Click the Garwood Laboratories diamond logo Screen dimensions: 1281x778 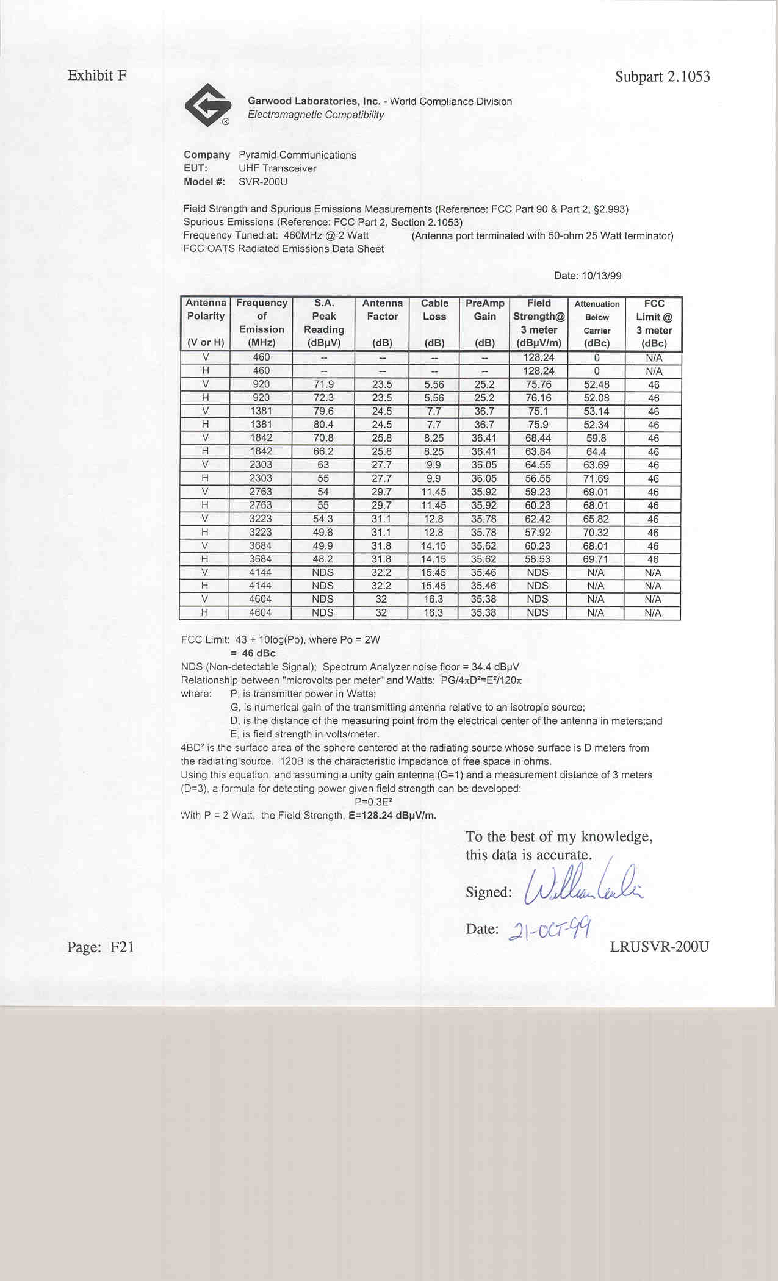point(207,105)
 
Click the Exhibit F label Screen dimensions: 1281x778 point(97,76)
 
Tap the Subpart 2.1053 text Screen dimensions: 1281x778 point(662,77)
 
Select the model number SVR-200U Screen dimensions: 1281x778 point(262,182)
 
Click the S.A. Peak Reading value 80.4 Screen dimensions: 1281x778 point(323,425)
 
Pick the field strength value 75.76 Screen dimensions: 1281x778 point(538,384)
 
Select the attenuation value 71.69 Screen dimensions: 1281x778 point(596,479)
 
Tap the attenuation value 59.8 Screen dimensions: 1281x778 point(596,438)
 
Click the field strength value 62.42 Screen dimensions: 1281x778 point(538,519)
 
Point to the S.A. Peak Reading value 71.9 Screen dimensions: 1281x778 point(323,384)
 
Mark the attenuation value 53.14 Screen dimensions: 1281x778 point(596,411)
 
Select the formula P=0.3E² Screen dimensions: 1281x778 point(373,802)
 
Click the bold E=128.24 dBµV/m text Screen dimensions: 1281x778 point(392,816)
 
